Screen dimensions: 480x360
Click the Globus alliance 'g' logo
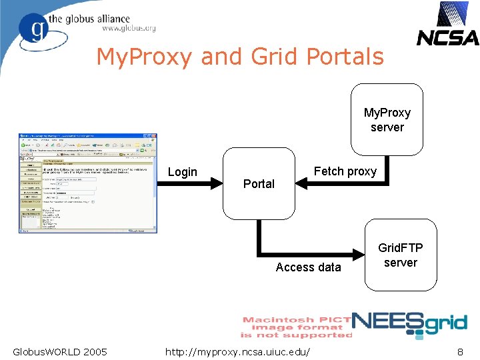click(34, 29)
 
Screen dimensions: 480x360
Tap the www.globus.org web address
click(129, 29)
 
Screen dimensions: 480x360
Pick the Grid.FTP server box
click(400, 255)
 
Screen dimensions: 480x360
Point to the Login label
click(182, 172)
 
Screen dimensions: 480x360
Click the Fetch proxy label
click(345, 171)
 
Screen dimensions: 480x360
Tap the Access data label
click(308, 267)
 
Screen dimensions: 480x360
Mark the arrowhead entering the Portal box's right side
click(299, 185)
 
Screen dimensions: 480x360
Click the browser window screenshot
click(88, 183)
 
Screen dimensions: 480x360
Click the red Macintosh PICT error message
click(297, 327)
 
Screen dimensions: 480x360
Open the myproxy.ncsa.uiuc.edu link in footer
click(238, 351)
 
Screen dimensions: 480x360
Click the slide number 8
click(460, 351)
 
